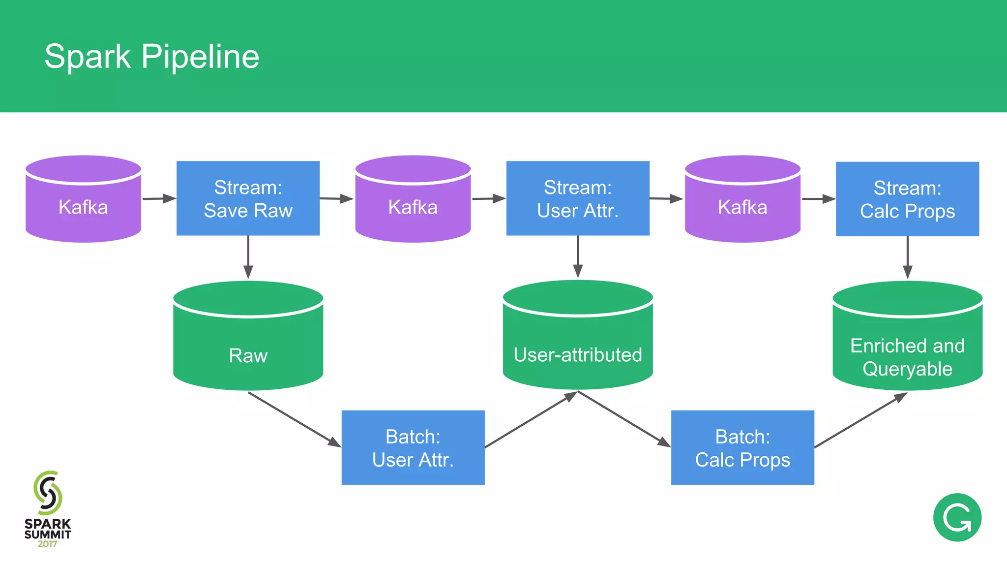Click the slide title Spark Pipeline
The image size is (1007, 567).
[151, 56]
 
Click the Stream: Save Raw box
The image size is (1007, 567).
[248, 198]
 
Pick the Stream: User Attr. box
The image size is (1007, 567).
[578, 198]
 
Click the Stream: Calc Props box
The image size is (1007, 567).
[907, 199]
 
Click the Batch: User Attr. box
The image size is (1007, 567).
[413, 447]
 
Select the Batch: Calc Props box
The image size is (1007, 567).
[742, 447]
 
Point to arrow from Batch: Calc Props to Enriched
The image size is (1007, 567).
[860, 420]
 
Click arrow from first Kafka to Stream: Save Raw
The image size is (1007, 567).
[159, 199]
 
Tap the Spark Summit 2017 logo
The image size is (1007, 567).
[48, 509]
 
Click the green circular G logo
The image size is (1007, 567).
[957, 517]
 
